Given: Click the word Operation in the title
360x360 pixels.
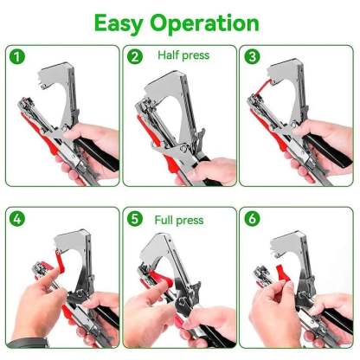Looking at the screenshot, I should tap(212, 22).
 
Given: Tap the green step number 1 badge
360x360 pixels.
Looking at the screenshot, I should tap(16, 58).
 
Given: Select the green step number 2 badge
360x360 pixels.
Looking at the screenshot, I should tap(135, 57).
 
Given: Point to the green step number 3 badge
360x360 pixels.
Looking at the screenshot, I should tap(253, 57).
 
